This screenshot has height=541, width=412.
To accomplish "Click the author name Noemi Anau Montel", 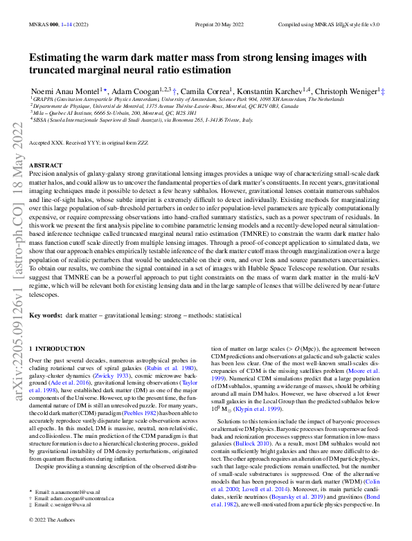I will point(62,91).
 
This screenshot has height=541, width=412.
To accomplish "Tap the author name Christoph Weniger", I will point(345,91).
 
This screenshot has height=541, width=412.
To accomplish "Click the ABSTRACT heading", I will point(46,165).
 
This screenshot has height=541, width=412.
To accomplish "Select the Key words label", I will point(46,315).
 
